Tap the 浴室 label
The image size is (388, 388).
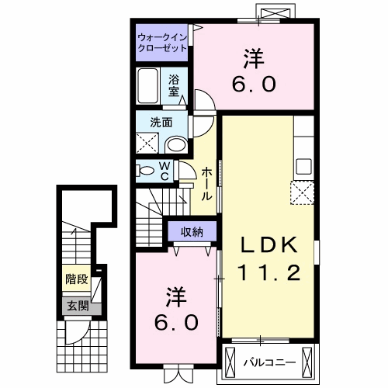(175, 83)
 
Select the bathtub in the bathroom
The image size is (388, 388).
(149, 85)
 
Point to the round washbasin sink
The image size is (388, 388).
(176, 144)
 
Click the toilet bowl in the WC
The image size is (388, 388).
(146, 170)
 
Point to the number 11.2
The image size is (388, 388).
(268, 273)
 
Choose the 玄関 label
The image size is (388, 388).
(76, 306)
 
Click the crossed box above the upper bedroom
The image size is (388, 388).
(279, 12)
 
